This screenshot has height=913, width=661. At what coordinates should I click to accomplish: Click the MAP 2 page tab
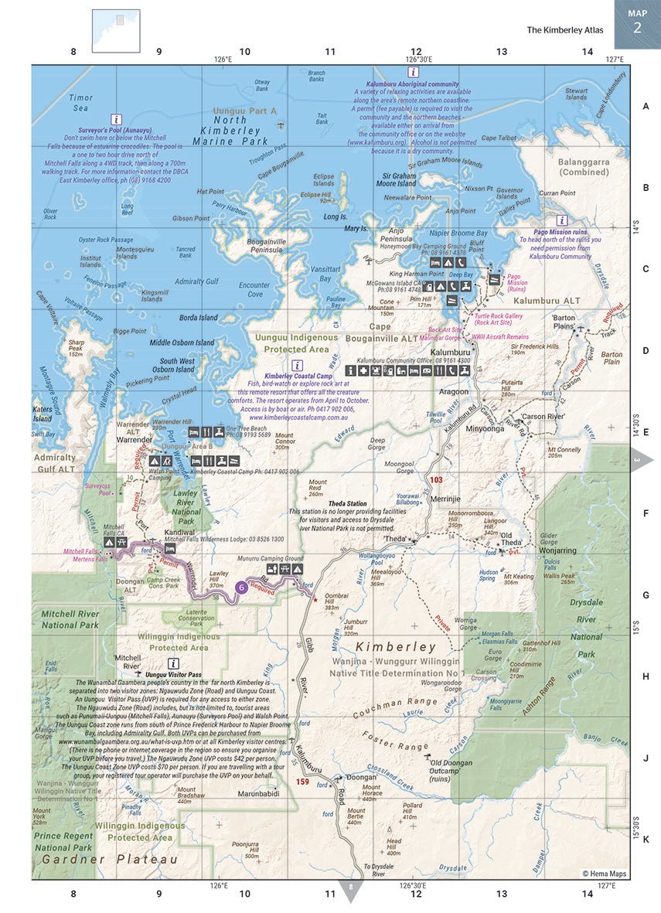click(637, 23)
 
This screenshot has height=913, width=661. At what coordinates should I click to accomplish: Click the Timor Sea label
click(80, 103)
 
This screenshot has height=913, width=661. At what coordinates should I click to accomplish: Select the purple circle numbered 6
click(242, 587)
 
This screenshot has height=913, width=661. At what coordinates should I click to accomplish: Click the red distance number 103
click(436, 480)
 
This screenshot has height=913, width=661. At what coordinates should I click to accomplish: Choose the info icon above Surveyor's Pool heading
click(116, 120)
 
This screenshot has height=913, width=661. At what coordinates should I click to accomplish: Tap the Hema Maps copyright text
click(605, 874)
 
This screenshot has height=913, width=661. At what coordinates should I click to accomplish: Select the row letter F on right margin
click(646, 512)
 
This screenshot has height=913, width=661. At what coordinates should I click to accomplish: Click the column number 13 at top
click(502, 52)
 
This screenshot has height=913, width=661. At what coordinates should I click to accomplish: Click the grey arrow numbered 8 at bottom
click(351, 889)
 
